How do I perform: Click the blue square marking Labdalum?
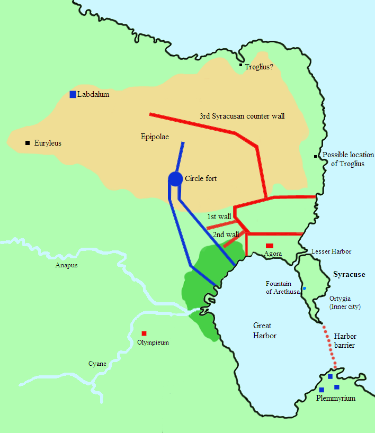click(73, 94)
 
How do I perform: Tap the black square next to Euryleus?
click(27, 143)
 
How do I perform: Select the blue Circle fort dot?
click(175, 179)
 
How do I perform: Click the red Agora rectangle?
click(270, 246)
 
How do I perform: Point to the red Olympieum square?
click(144, 333)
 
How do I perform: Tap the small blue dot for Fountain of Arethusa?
click(304, 288)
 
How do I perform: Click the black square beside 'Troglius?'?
click(240, 66)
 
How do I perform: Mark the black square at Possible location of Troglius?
click(316, 156)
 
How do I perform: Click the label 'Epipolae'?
click(155, 137)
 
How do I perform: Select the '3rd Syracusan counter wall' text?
click(242, 115)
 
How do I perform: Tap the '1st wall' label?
click(219, 217)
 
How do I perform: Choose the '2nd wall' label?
click(225, 234)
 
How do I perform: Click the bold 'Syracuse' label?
click(349, 274)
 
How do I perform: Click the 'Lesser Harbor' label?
click(331, 251)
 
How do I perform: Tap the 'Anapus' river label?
click(66, 265)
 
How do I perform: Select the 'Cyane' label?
click(97, 364)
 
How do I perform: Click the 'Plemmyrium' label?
click(335, 398)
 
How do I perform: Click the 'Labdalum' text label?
click(93, 94)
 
